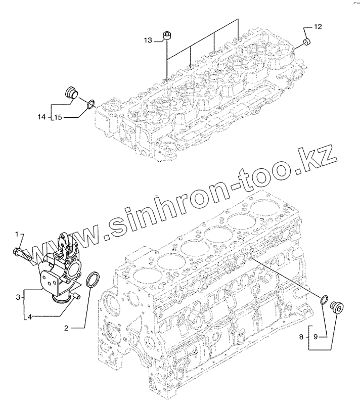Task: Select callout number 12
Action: pyautogui.click(x=318, y=26)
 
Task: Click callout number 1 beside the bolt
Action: pyautogui.click(x=17, y=234)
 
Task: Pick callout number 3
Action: pyautogui.click(x=18, y=297)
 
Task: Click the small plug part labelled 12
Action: pyautogui.click(x=305, y=41)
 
